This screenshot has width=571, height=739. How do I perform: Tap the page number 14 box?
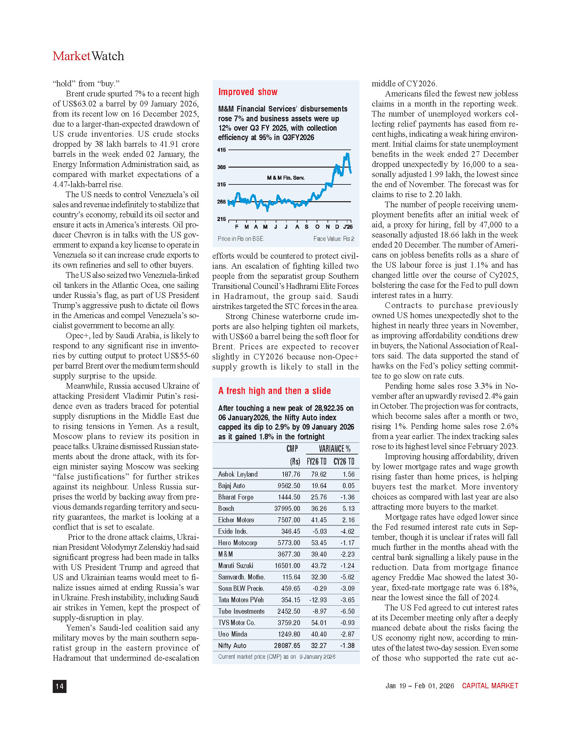pos(59,686)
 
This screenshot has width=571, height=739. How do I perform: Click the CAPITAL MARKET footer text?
pos(490,686)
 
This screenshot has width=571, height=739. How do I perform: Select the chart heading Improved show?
pos(248,92)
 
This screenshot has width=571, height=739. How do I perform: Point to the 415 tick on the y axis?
pos(221,150)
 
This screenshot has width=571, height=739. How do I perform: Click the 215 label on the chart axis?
pos(221,219)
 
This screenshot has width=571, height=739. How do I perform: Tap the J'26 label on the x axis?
pos(348,227)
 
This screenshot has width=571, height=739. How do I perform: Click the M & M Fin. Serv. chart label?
pos(285,178)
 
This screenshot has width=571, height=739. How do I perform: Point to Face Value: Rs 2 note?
pos(334,238)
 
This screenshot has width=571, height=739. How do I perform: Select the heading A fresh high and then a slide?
pos(274,391)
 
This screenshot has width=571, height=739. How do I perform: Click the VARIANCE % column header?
pos(334,449)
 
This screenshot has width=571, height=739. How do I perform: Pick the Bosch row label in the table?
pos(226,509)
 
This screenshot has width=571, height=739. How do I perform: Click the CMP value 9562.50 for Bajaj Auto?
pos(289,486)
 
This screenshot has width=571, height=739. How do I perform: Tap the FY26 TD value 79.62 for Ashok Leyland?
pos(319,474)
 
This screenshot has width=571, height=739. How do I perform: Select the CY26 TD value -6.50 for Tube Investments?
pos(347,611)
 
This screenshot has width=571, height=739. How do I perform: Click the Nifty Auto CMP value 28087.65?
pos(287,646)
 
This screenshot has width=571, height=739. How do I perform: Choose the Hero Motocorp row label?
pos(237,543)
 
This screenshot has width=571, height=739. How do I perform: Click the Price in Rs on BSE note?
pos(241,238)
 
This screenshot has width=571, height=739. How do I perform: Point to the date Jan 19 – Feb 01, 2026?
pos(420,686)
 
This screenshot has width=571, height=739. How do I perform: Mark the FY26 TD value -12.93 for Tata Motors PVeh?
pos(318,600)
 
